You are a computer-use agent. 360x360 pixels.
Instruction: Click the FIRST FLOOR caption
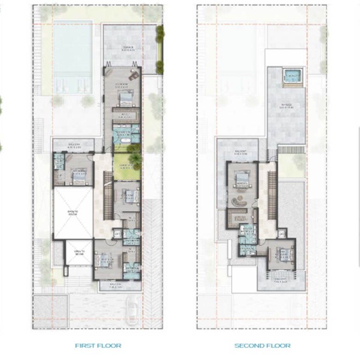coord(98,345)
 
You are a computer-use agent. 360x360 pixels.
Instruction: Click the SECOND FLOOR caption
coord(262,345)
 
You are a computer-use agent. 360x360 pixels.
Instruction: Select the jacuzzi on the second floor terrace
coord(293,75)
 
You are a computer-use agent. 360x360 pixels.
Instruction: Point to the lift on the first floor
coord(117,234)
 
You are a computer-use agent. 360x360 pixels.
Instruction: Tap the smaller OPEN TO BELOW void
coord(79,253)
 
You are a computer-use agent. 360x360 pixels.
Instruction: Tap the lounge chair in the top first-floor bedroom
coord(134,74)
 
